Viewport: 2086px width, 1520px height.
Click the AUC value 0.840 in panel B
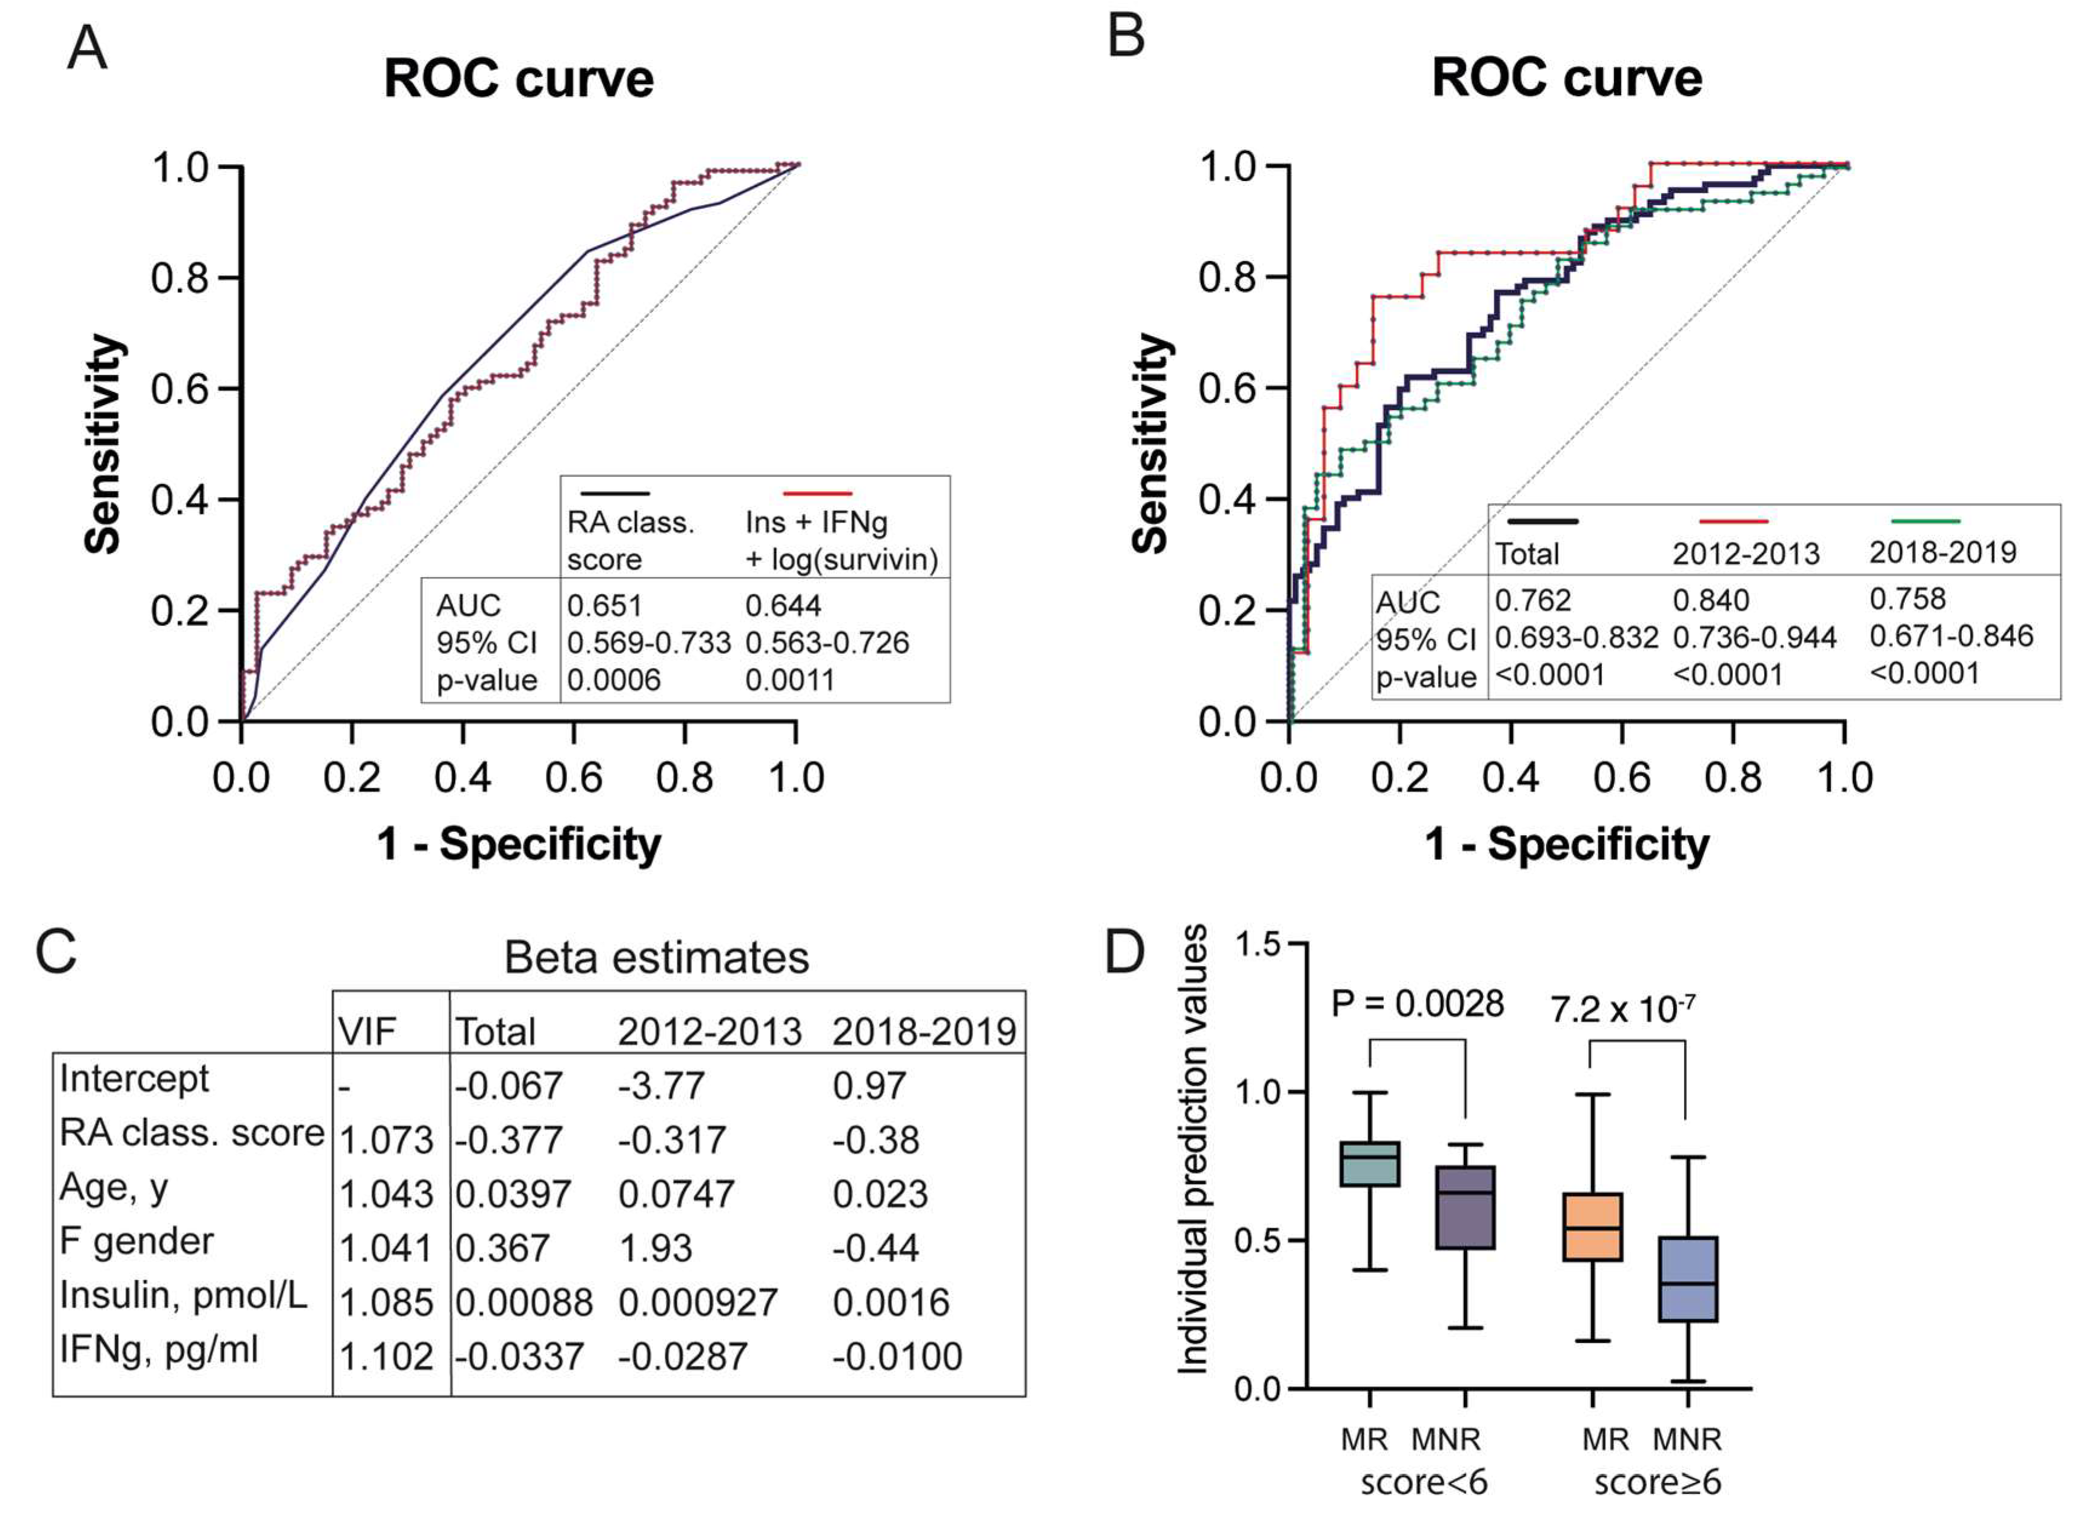click(x=1710, y=601)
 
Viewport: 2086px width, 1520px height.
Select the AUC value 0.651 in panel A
click(x=604, y=606)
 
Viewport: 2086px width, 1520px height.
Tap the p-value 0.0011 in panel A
click(x=790, y=680)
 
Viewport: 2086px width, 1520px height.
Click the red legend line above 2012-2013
click(x=1733, y=521)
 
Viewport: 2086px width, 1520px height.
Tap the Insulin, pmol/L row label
click(x=183, y=1295)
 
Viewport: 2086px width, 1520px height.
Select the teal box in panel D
click(x=1370, y=1164)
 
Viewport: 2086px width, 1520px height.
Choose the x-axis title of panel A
click(x=518, y=844)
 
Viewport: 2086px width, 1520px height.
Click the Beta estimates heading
click(x=656, y=958)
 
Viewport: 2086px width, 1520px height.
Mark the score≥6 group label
click(x=1657, y=1483)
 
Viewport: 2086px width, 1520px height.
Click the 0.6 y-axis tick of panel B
click(x=1227, y=388)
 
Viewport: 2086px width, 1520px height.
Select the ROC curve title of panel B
click(x=1566, y=78)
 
